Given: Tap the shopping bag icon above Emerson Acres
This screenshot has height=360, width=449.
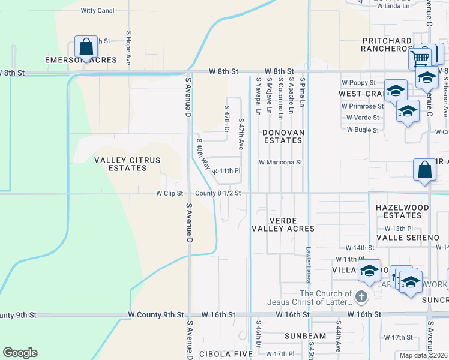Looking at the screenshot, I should [x=86, y=47].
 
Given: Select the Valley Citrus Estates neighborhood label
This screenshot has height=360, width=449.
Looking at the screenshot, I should [x=121, y=164].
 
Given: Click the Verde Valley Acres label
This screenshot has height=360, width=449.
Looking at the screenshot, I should [x=283, y=224].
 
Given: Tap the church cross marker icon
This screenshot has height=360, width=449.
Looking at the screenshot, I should [x=361, y=296].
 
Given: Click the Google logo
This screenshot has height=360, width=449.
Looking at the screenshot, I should [x=20, y=353].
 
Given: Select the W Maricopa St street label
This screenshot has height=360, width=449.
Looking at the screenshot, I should [x=280, y=162].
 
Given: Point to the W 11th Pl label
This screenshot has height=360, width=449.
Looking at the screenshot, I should [x=226, y=171].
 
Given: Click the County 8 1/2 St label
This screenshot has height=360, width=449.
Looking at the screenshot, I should [x=218, y=193].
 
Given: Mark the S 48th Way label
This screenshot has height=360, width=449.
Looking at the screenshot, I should [x=203, y=154].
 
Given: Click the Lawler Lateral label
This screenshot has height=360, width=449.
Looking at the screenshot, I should [x=307, y=268].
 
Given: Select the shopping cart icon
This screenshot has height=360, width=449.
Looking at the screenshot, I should [x=420, y=58].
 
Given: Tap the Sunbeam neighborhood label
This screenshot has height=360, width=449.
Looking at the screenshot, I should [x=289, y=336].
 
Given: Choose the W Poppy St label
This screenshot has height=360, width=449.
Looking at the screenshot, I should [x=358, y=82].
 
